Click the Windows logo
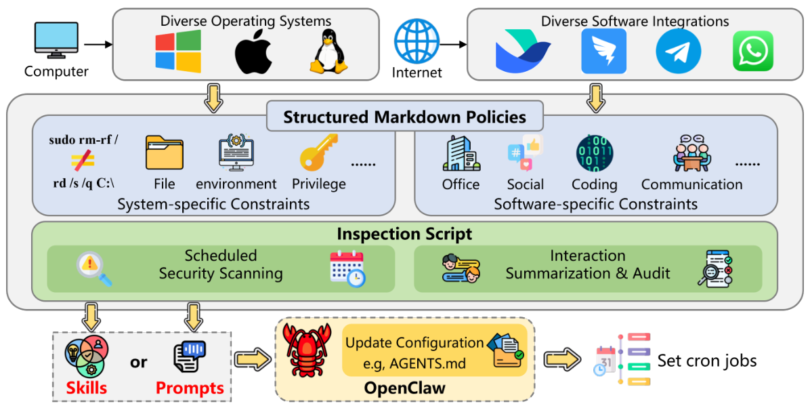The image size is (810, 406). pyautogui.click(x=178, y=51)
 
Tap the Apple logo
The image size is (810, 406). pyautogui.click(x=253, y=54)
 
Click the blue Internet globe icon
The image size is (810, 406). pyautogui.click(x=417, y=40)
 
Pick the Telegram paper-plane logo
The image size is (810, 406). pyautogui.click(x=678, y=51)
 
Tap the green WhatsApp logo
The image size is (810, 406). pyautogui.click(x=752, y=51)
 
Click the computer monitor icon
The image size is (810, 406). pyautogui.click(x=56, y=41)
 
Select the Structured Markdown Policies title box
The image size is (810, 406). pyautogui.click(x=404, y=117)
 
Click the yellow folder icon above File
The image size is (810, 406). pyautogui.click(x=165, y=153)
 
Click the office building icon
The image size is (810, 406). pyautogui.click(x=461, y=153)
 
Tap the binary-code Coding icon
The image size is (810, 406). pyautogui.click(x=594, y=154)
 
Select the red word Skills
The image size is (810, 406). pyautogui.click(x=87, y=388)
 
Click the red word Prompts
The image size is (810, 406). pyautogui.click(x=190, y=388)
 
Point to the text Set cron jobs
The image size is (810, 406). pyautogui.click(x=707, y=361)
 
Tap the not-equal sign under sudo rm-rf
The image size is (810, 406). pyautogui.click(x=83, y=161)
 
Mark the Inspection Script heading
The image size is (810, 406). pyautogui.click(x=404, y=234)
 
